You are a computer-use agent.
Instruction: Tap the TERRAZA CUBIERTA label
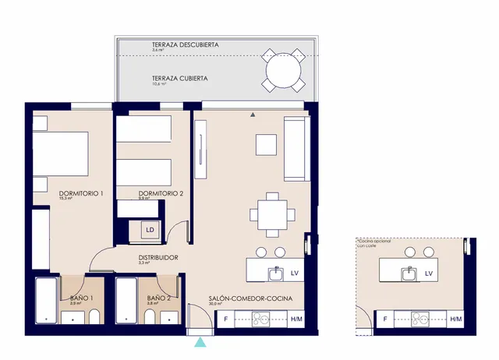(179, 79)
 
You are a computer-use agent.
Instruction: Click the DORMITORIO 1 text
(81, 193)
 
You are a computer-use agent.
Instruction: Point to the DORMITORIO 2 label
(161, 193)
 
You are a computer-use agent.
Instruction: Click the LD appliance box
(149, 230)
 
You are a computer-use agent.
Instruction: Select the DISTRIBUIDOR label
(158, 257)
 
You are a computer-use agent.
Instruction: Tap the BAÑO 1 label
(81, 298)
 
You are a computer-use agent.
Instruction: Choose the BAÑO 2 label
(159, 298)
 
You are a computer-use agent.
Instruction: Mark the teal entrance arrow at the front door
(201, 342)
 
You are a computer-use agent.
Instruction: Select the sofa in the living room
(295, 150)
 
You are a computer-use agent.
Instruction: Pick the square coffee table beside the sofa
(267, 146)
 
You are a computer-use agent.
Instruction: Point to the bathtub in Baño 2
(128, 301)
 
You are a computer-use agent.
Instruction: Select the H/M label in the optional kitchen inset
(455, 319)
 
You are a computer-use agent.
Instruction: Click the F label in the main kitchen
(225, 319)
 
